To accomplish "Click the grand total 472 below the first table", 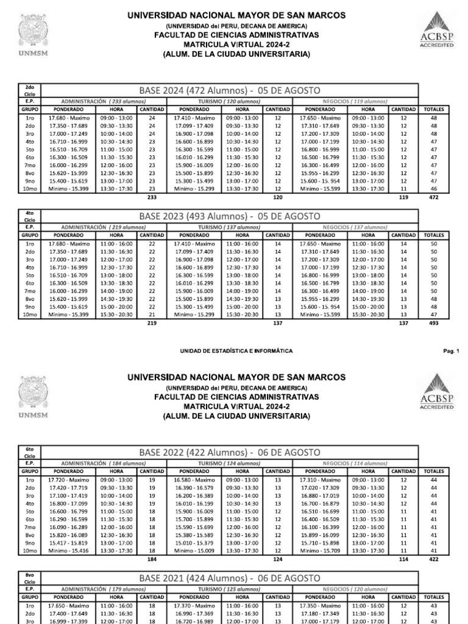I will pyautogui.click(x=434, y=197).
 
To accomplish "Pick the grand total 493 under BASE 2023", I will pyautogui.click(x=434, y=323).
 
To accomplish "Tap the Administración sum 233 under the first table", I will pyautogui.click(x=152, y=197).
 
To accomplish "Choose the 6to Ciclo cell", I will pyautogui.click(x=30, y=452).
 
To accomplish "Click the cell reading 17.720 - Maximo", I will pyautogui.click(x=68, y=478).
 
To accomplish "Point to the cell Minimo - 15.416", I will pyautogui.click(x=68, y=549).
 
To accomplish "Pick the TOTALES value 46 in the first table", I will pyautogui.click(x=434, y=189).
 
